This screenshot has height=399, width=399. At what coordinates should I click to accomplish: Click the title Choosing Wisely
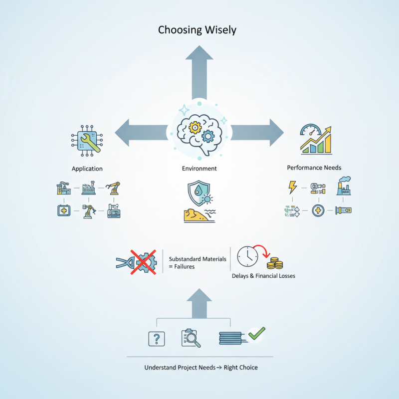(197, 30)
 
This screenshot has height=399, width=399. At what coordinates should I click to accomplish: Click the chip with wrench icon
(87, 139)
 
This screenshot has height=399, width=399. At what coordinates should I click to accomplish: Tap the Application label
(87, 169)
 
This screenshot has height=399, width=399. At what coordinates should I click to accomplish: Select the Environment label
(199, 169)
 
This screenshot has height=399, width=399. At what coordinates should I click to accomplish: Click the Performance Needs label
(314, 168)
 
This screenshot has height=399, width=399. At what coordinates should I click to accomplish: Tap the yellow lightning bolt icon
(291, 188)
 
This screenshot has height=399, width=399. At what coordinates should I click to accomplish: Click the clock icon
(247, 257)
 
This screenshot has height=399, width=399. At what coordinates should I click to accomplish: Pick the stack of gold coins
(275, 263)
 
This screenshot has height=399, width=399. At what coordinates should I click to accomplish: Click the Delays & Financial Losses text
(263, 276)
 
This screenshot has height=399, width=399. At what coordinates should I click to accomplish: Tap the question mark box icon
(157, 339)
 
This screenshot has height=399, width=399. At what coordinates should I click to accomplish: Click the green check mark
(257, 333)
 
